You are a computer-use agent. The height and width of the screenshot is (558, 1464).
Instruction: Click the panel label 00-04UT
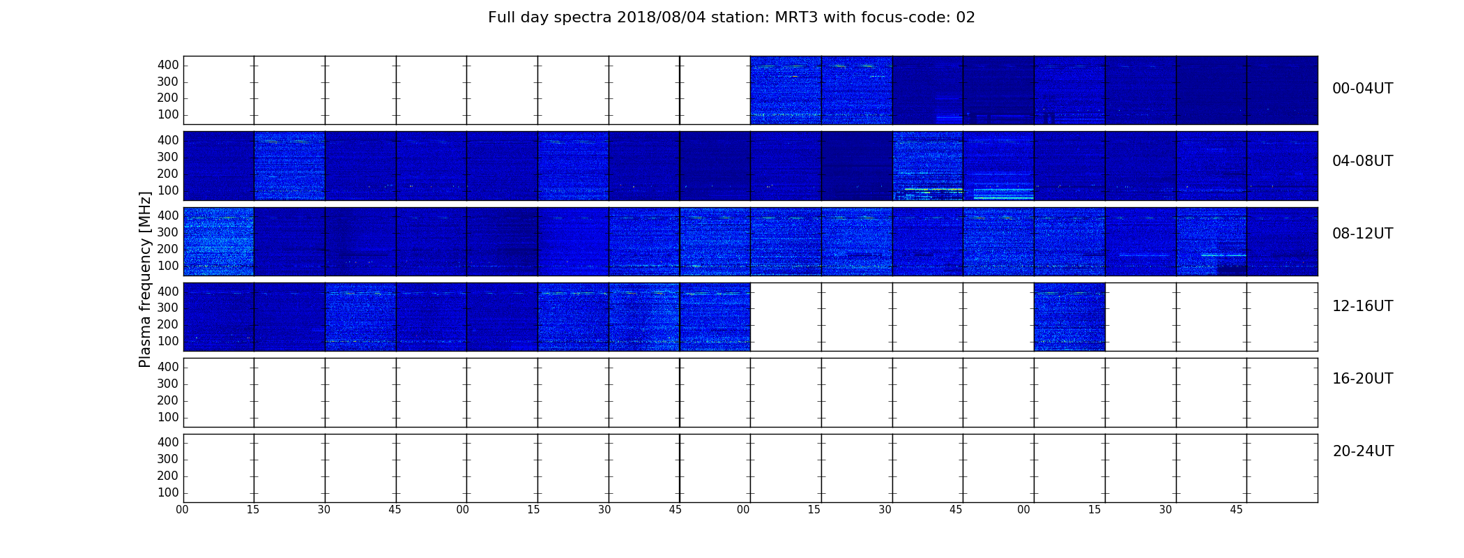(x=1362, y=89)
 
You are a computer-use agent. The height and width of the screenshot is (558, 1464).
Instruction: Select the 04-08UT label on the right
(x=1362, y=161)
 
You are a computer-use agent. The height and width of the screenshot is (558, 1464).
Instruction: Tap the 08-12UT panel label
(x=1362, y=234)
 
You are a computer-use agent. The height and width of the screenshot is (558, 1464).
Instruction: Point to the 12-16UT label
(x=1362, y=306)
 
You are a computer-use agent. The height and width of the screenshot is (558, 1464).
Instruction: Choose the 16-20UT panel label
(x=1362, y=379)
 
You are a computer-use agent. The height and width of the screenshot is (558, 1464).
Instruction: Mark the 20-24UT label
(x=1363, y=451)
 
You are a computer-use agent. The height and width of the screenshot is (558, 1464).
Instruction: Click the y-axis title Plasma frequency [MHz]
(x=145, y=279)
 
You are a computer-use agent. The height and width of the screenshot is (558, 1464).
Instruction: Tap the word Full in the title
(x=501, y=17)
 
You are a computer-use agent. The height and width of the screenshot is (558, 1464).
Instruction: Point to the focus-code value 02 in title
(x=966, y=17)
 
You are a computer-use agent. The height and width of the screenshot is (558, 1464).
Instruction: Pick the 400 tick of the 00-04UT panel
(x=168, y=66)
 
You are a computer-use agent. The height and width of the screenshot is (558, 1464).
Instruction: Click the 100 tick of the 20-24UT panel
(x=168, y=492)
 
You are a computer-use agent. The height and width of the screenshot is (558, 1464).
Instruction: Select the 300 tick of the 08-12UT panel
(x=168, y=233)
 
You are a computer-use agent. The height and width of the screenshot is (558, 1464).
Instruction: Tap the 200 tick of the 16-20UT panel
(x=168, y=400)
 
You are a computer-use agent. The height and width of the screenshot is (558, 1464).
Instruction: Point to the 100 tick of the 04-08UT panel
(x=168, y=190)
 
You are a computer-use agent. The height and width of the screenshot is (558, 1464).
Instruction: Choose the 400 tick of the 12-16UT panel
(x=168, y=292)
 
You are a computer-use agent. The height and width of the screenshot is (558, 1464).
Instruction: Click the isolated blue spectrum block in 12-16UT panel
(x=1069, y=317)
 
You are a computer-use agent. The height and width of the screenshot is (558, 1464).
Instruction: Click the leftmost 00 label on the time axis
(x=182, y=510)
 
